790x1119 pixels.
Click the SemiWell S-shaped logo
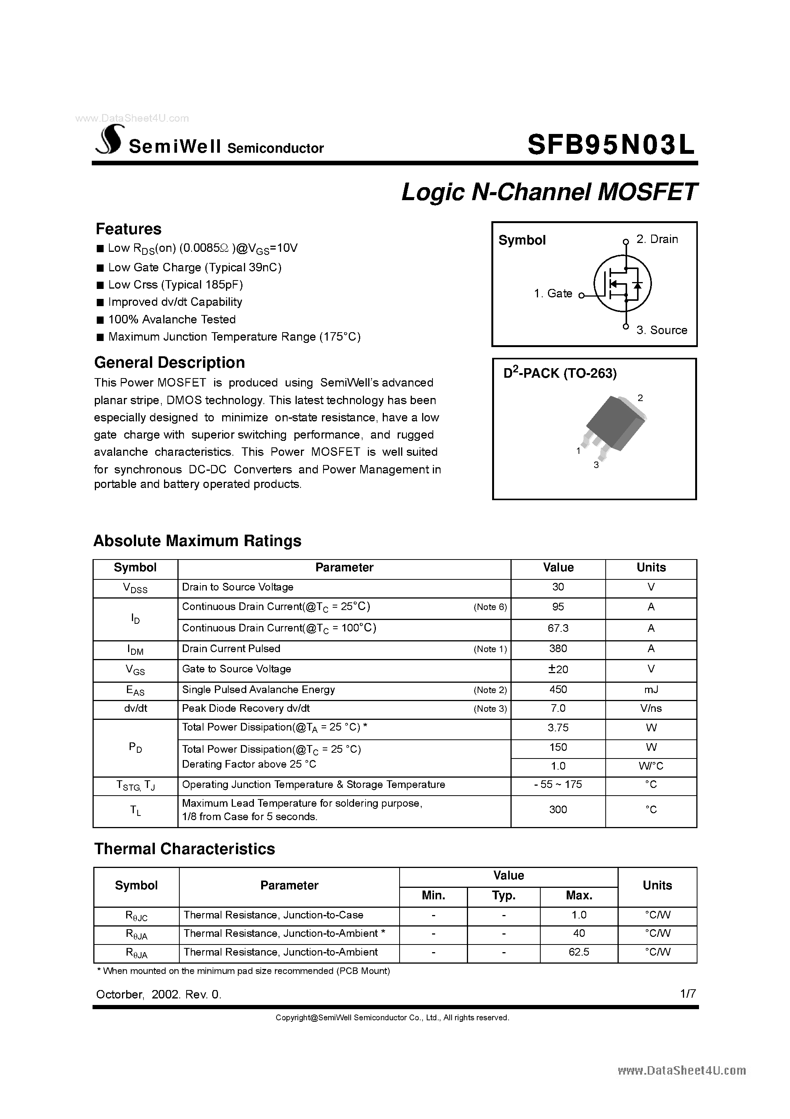point(110,140)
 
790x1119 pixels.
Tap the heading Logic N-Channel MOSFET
point(549,192)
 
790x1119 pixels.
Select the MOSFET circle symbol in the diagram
point(622,284)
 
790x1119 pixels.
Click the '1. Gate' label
point(553,294)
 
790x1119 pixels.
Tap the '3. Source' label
point(662,330)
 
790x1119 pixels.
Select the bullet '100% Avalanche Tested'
point(171,320)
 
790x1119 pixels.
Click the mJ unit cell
point(651,690)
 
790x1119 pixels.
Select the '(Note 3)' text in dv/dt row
point(490,709)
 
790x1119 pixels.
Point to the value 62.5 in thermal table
point(579,952)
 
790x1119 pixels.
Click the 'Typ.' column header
point(503,896)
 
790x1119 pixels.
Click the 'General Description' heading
point(169,362)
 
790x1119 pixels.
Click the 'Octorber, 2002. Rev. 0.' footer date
point(158,995)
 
